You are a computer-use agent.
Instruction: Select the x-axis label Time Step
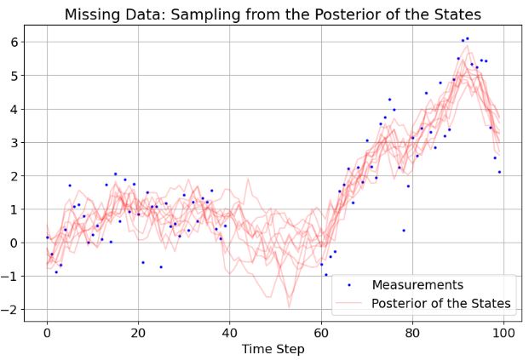click(x=273, y=349)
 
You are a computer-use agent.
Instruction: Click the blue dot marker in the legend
click(x=349, y=285)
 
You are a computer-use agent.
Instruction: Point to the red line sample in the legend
click(x=349, y=303)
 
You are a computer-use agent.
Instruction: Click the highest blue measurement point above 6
click(x=467, y=38)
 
